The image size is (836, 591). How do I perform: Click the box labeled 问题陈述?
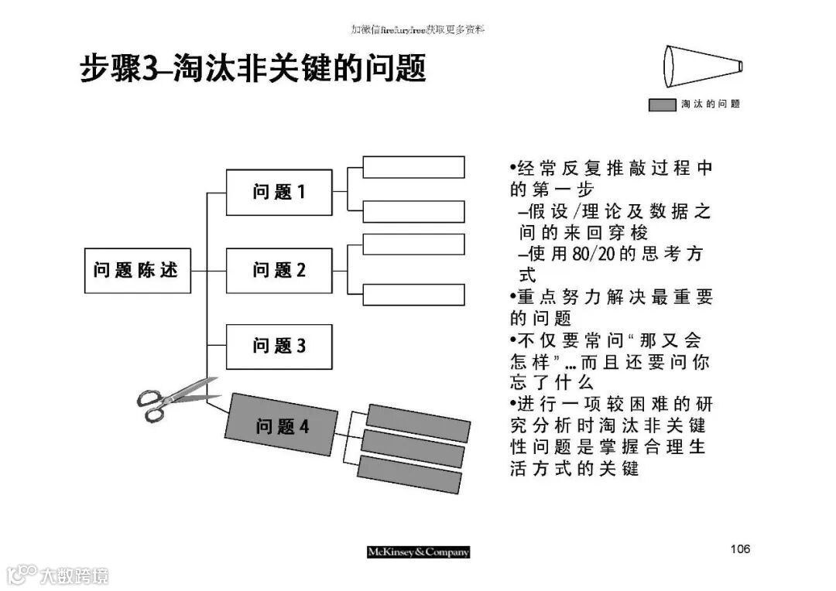tap(137, 270)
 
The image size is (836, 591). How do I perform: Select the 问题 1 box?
tap(279, 192)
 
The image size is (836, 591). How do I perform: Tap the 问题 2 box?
tap(279, 270)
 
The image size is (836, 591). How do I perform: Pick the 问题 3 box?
tap(279, 346)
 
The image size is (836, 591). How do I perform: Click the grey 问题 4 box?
tap(283, 425)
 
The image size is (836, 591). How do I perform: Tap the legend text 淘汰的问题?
tap(711, 104)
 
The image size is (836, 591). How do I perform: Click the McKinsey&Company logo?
tap(418, 552)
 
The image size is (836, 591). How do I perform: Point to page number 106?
tap(740, 549)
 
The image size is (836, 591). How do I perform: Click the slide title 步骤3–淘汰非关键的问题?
tap(254, 70)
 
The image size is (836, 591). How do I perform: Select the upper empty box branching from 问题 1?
tap(413, 167)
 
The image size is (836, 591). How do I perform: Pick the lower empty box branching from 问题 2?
tap(413, 295)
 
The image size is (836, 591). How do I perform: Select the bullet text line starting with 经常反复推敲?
tap(612, 169)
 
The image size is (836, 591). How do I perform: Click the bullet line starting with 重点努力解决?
tap(612, 297)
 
